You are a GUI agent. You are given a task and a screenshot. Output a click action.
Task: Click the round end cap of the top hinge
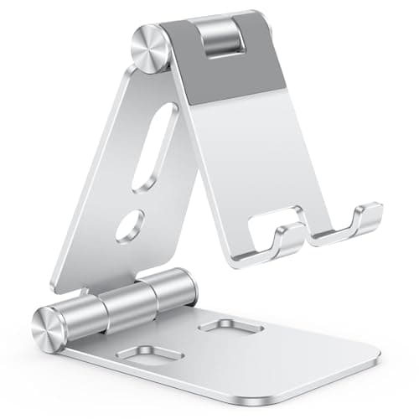point(151,51)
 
